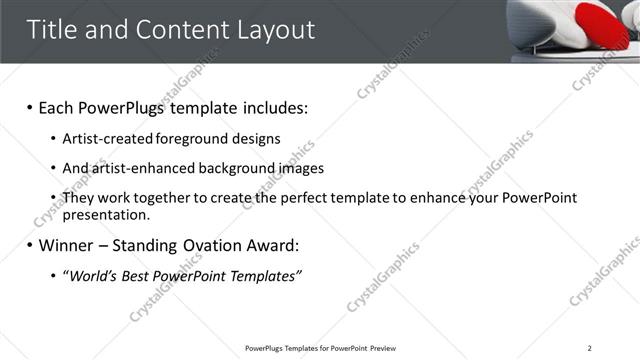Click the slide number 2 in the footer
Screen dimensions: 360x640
click(x=590, y=348)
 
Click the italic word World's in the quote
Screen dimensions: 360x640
click(x=96, y=275)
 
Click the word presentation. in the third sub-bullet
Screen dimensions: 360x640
click(x=106, y=214)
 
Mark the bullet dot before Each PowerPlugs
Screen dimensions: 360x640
click(x=30, y=107)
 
